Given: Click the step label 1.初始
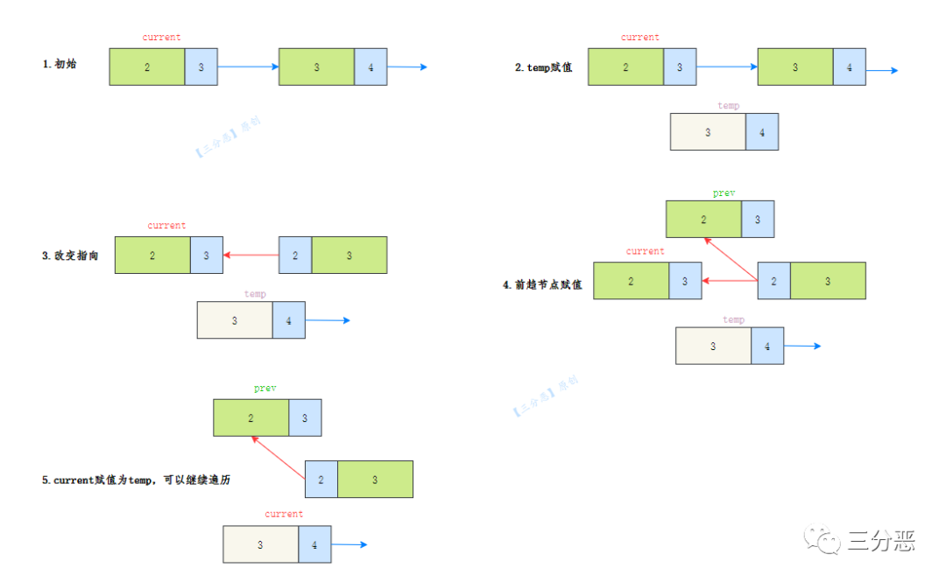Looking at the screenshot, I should pyautogui.click(x=60, y=65).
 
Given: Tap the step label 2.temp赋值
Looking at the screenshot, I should pyautogui.click(x=543, y=67).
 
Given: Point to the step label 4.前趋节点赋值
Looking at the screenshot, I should pyautogui.click(x=542, y=284).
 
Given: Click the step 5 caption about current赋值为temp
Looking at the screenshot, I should pyautogui.click(x=136, y=480).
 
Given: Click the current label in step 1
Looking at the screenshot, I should pyautogui.click(x=161, y=38).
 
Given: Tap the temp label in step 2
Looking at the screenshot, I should pyautogui.click(x=728, y=106).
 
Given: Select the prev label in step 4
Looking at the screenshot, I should pyautogui.click(x=724, y=193).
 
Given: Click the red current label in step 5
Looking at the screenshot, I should pyautogui.click(x=284, y=514).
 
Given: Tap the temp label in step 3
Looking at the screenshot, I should pyautogui.click(x=255, y=294).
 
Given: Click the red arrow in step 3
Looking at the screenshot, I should pyautogui.click(x=251, y=256).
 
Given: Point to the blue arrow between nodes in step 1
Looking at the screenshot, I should pyautogui.click(x=248, y=67).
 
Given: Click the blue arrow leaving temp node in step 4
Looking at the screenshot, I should pyautogui.click(x=802, y=347).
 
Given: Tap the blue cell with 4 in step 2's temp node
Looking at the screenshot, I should pyautogui.click(x=761, y=132).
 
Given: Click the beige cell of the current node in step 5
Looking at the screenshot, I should pyautogui.click(x=260, y=544).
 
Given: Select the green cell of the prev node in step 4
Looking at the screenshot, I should pyautogui.click(x=703, y=220).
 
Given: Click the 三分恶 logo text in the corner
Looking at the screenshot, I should pyautogui.click(x=880, y=543).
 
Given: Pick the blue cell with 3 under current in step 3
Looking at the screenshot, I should pyautogui.click(x=206, y=256).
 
